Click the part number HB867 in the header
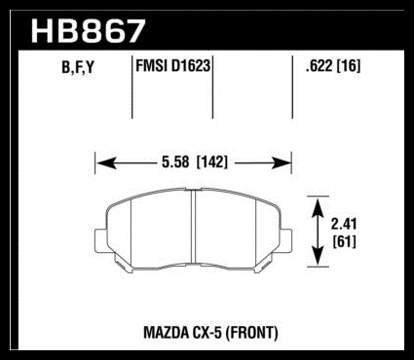coord(88,31)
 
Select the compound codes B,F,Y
coord(78,67)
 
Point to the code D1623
coord(191,66)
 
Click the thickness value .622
coord(319,66)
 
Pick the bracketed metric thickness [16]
coord(349,66)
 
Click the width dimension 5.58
coord(175,162)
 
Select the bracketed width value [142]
coord(212,162)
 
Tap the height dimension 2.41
coord(344,224)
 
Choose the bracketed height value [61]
coord(345,241)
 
